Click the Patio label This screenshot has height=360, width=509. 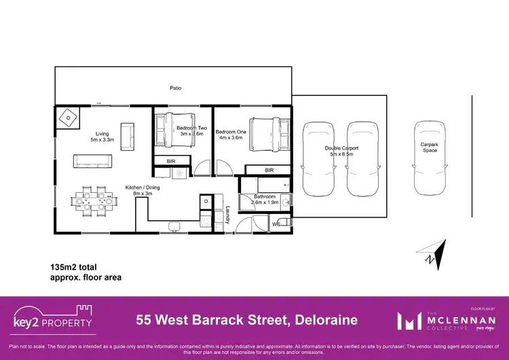tap(175, 88)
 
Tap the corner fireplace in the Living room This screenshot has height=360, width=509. tap(69, 118)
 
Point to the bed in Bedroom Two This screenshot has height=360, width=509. tap(174, 130)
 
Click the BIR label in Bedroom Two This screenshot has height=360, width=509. tap(171, 161)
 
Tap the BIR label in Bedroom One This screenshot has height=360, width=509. tap(269, 170)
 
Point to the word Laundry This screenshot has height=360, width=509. tap(229, 215)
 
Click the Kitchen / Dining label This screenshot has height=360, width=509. tap(143, 190)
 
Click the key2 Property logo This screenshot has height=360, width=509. tap(52, 319)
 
